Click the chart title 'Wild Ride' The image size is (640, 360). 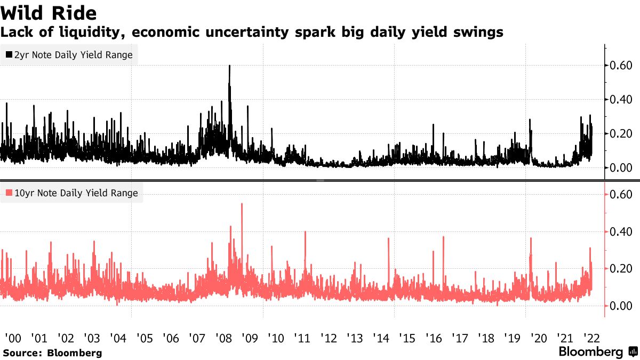pos(49,12)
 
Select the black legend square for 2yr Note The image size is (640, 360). pos(9,55)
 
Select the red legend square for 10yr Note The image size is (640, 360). pos(9,193)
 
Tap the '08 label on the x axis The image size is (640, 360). pos(223,338)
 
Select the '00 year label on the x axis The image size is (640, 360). pos(13,338)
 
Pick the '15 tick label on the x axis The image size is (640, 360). pos(407,338)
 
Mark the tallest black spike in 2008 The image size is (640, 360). pos(229,66)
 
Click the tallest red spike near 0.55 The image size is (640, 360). pos(242,204)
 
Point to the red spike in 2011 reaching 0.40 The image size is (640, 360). pos(305,233)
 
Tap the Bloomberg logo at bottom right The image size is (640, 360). pos(598,352)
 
